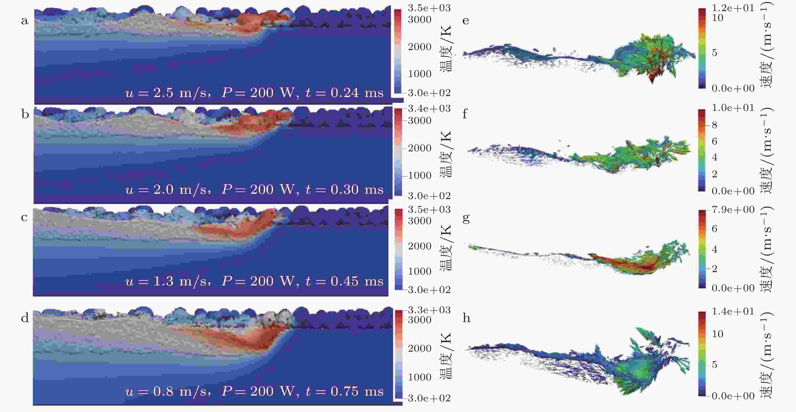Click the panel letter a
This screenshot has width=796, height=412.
(x=25, y=21)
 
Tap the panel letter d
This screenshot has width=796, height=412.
(x=25, y=318)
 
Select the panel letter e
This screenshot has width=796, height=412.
(x=466, y=21)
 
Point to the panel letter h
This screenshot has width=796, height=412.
(x=466, y=318)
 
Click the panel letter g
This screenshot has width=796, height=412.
(x=466, y=218)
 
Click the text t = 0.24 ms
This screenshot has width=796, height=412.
(x=344, y=93)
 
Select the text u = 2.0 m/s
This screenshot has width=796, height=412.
(x=166, y=189)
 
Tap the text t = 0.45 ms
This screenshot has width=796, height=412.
(x=344, y=281)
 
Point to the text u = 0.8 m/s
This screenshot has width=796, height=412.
(x=166, y=391)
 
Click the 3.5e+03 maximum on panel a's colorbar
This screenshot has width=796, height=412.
(x=429, y=8)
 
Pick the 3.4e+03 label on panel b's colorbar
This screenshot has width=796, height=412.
(x=429, y=108)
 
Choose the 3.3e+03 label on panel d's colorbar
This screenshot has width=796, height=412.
(x=429, y=310)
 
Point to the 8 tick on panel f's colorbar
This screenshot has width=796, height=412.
(x=714, y=125)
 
